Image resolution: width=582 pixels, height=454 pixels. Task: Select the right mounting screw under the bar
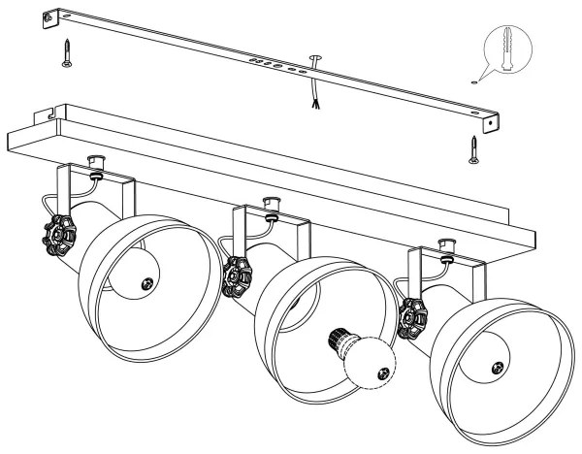tap(474, 148)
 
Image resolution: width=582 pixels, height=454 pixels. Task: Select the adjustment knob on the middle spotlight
tap(234, 276)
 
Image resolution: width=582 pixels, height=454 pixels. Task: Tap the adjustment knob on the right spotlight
tap(413, 317)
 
